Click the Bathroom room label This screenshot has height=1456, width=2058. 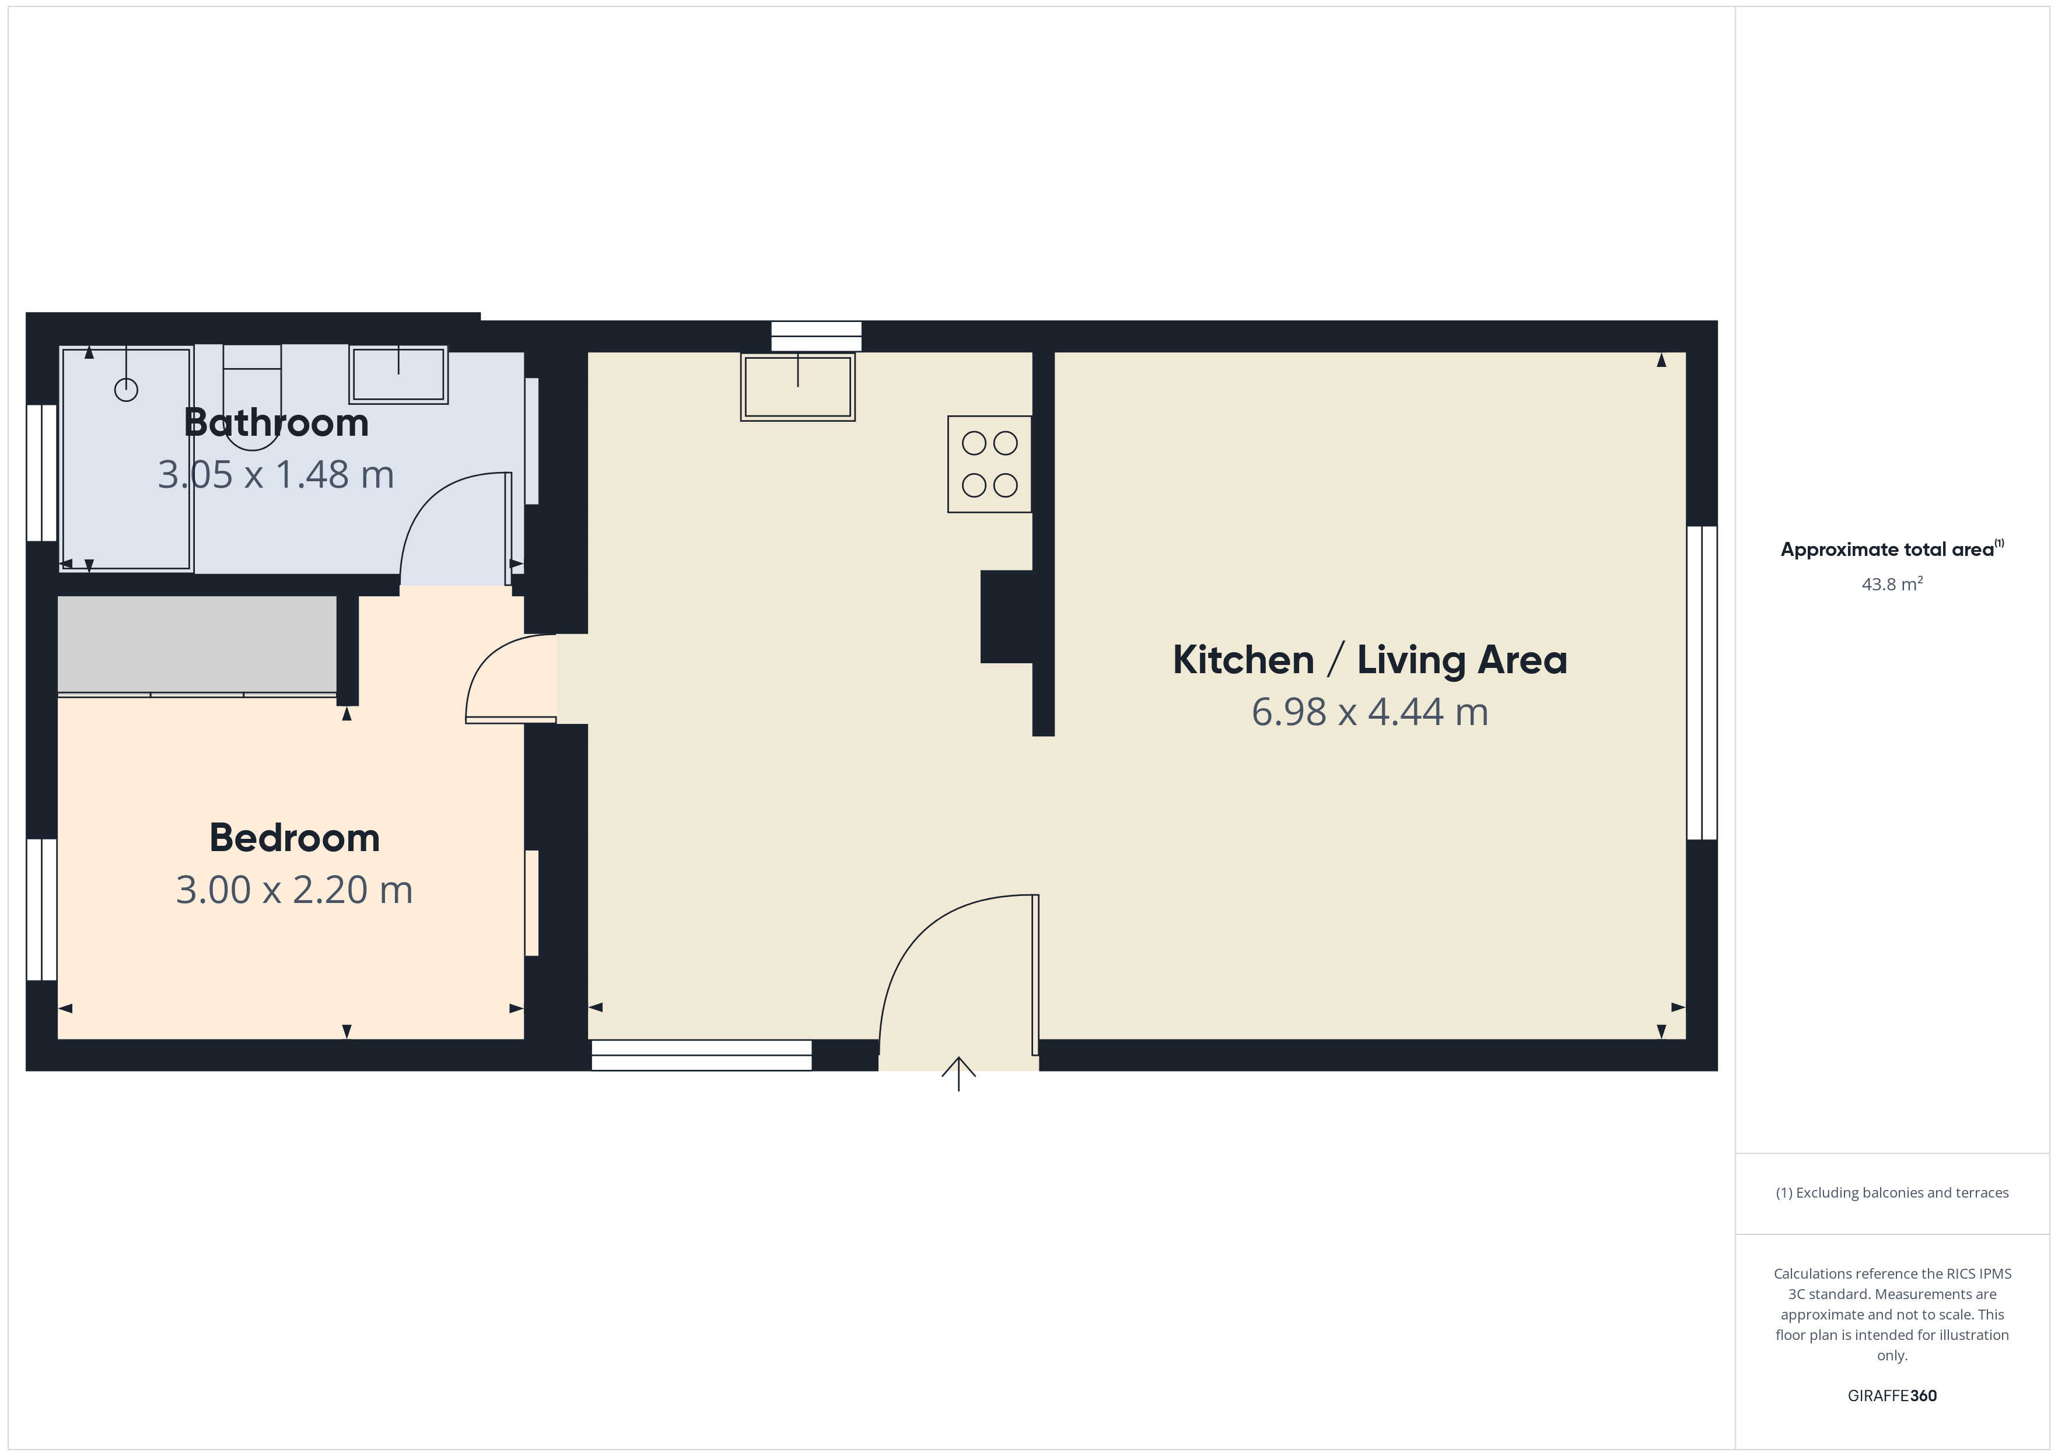[x=276, y=422]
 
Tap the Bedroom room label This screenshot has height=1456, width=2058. [x=295, y=838]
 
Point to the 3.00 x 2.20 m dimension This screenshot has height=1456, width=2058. [x=295, y=890]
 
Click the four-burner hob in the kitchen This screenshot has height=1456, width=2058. [x=989, y=464]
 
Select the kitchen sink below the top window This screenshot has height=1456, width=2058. [x=798, y=386]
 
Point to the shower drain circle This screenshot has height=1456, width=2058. [x=127, y=390]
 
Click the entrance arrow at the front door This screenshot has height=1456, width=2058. [x=959, y=1073]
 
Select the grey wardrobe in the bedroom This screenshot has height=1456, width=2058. [x=197, y=645]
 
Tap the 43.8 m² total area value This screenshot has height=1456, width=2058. [x=1892, y=584]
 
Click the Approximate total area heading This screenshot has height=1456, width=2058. [x=1892, y=549]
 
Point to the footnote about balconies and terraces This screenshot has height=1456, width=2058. [x=1892, y=1192]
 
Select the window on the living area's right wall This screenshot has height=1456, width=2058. [x=1702, y=683]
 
